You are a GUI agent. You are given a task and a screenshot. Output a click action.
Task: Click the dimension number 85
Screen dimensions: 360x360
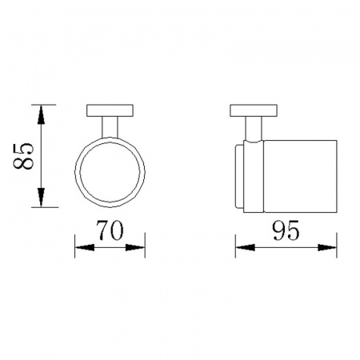tap(23, 156)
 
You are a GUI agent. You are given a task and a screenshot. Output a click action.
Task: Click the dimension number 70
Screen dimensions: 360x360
tap(110, 230)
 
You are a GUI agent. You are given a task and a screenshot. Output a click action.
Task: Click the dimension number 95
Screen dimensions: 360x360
tap(286, 230)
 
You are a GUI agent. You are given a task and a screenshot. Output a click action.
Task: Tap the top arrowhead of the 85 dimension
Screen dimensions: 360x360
tap(41, 114)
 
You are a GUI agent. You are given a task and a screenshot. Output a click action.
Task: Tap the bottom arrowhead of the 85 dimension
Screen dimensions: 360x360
tap(41, 198)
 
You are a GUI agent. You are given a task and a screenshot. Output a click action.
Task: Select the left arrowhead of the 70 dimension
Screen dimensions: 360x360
tap(85, 247)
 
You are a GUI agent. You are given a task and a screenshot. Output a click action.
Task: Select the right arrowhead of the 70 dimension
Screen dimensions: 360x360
tap(135, 247)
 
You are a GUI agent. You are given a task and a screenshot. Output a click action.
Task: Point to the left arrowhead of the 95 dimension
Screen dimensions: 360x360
tap(246, 247)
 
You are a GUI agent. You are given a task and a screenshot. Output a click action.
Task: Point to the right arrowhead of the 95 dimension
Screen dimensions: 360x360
tap(327, 247)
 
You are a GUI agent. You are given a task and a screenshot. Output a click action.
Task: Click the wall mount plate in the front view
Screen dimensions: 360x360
tap(110, 110)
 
